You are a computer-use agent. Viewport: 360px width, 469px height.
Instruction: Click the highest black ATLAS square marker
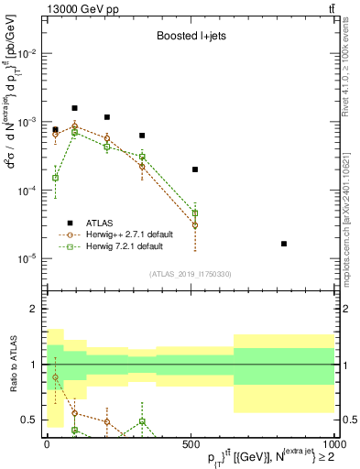pyautogui.click(x=74, y=108)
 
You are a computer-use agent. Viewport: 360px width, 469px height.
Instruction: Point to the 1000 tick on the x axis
pyautogui.click(x=333, y=443)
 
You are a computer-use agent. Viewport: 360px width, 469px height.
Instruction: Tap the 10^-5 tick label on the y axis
pyautogui.click(x=27, y=258)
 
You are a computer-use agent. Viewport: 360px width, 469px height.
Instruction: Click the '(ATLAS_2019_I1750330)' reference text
pyautogui.click(x=190, y=274)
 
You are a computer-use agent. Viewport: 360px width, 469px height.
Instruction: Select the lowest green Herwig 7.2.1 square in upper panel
pyautogui.click(x=55, y=178)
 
